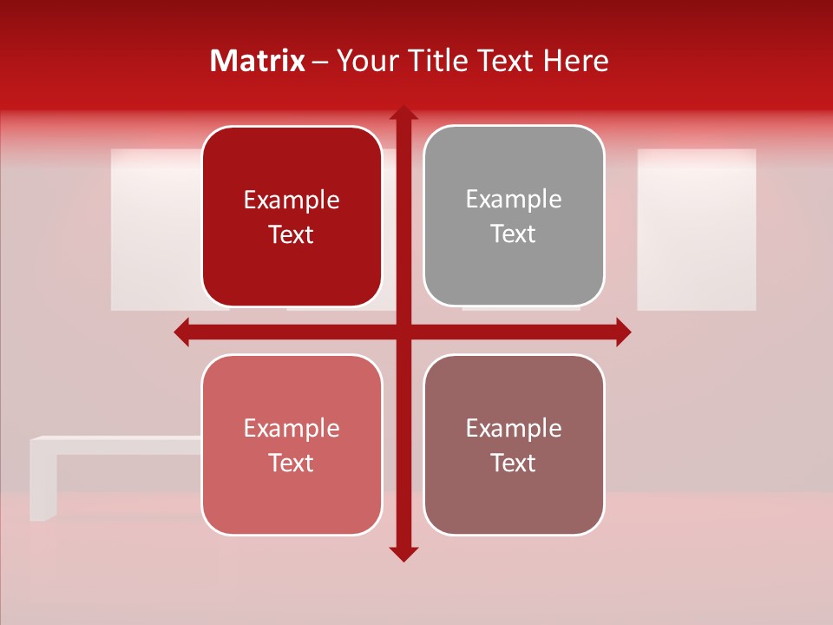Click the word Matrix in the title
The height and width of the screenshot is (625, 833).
coord(258,61)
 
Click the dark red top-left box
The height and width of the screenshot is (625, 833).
coord(292,217)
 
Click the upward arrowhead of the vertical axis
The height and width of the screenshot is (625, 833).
coord(403,113)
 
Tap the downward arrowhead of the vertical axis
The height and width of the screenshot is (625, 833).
coord(403,553)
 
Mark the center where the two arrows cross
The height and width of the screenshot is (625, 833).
coord(403,332)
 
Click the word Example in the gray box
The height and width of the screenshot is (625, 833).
coord(514,200)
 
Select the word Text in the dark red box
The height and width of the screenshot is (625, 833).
coord(292,235)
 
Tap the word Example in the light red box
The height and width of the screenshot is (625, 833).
coord(292,428)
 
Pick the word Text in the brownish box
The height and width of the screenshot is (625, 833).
coord(514,464)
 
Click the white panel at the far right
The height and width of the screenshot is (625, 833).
coord(696,229)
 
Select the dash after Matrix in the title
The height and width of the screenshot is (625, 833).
coord(320,62)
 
